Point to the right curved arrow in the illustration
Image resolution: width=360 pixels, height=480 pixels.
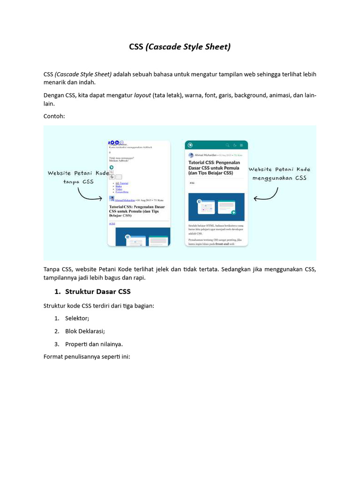coord(267,195)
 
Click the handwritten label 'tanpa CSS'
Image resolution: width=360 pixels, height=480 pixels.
coord(78,181)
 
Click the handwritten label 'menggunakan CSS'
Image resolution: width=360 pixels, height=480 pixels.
coord(279,178)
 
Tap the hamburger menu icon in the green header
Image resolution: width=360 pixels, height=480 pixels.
coord(241,145)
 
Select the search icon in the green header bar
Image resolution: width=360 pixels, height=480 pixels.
coord(228,145)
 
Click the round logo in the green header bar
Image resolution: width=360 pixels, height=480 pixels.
coord(191,145)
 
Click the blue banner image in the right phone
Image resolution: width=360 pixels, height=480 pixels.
coord(216,207)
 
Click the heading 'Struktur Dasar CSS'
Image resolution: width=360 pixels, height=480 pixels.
coord(97,292)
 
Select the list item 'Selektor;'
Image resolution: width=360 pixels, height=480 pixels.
coord(77,318)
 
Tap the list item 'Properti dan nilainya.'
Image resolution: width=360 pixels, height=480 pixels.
coord(94,344)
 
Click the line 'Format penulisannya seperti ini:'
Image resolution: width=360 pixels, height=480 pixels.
coord(86,357)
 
